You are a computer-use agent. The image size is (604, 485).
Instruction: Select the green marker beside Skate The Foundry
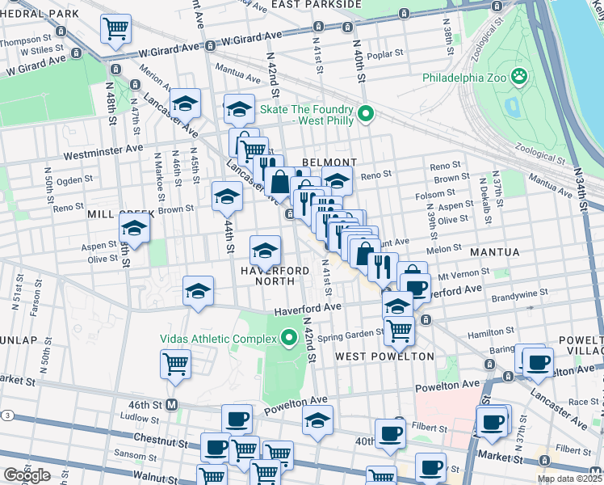(365, 115)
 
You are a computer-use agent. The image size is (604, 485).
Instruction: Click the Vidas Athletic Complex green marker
(288, 339)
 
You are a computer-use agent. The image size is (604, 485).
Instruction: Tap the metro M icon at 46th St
(172, 404)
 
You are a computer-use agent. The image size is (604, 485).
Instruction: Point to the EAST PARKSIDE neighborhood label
(316, 5)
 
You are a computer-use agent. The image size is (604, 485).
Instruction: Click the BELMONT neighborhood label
(329, 162)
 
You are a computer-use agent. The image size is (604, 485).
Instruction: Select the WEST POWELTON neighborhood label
(384, 356)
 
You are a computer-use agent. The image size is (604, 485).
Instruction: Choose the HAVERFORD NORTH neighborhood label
(274, 276)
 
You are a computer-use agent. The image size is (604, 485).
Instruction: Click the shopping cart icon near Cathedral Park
(115, 28)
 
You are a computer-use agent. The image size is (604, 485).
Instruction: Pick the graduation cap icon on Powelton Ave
(318, 420)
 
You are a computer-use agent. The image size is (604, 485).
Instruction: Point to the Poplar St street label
(385, 54)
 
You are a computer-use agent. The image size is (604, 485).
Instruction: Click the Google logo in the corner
(27, 475)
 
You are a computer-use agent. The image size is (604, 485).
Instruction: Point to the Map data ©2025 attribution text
(569, 479)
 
